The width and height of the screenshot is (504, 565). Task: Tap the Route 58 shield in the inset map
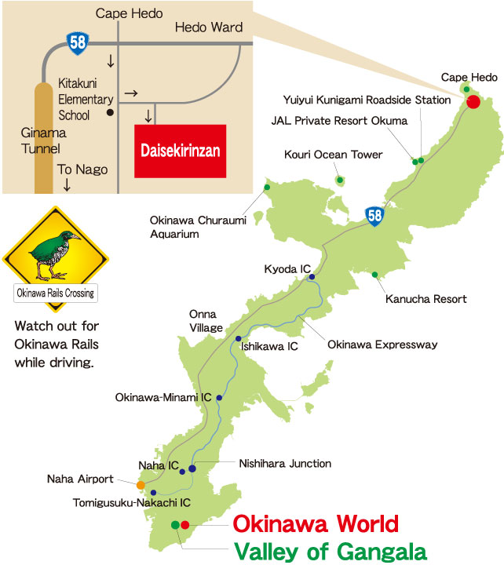point(77,42)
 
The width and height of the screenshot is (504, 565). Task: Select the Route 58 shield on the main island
point(375,214)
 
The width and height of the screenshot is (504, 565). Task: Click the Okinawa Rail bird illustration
point(54,255)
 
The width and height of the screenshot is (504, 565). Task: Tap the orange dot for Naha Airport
point(141,485)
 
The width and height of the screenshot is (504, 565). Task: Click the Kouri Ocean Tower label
point(333,155)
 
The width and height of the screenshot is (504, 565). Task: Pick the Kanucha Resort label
point(426,299)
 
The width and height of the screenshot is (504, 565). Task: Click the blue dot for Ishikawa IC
point(238,338)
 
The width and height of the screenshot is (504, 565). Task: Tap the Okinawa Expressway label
point(382,344)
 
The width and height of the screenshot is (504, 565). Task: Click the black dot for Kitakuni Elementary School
point(111,113)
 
